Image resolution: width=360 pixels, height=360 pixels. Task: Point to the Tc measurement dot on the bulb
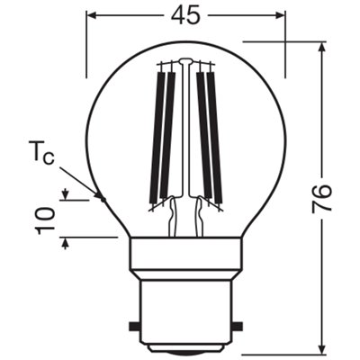tap(101, 200)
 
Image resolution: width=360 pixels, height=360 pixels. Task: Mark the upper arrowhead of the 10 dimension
tap(65, 194)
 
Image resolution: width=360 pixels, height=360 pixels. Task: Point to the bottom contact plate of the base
tap(186, 349)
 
